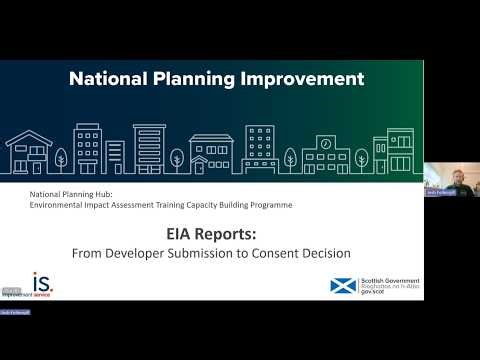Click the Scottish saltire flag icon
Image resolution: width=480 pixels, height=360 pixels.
342,286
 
